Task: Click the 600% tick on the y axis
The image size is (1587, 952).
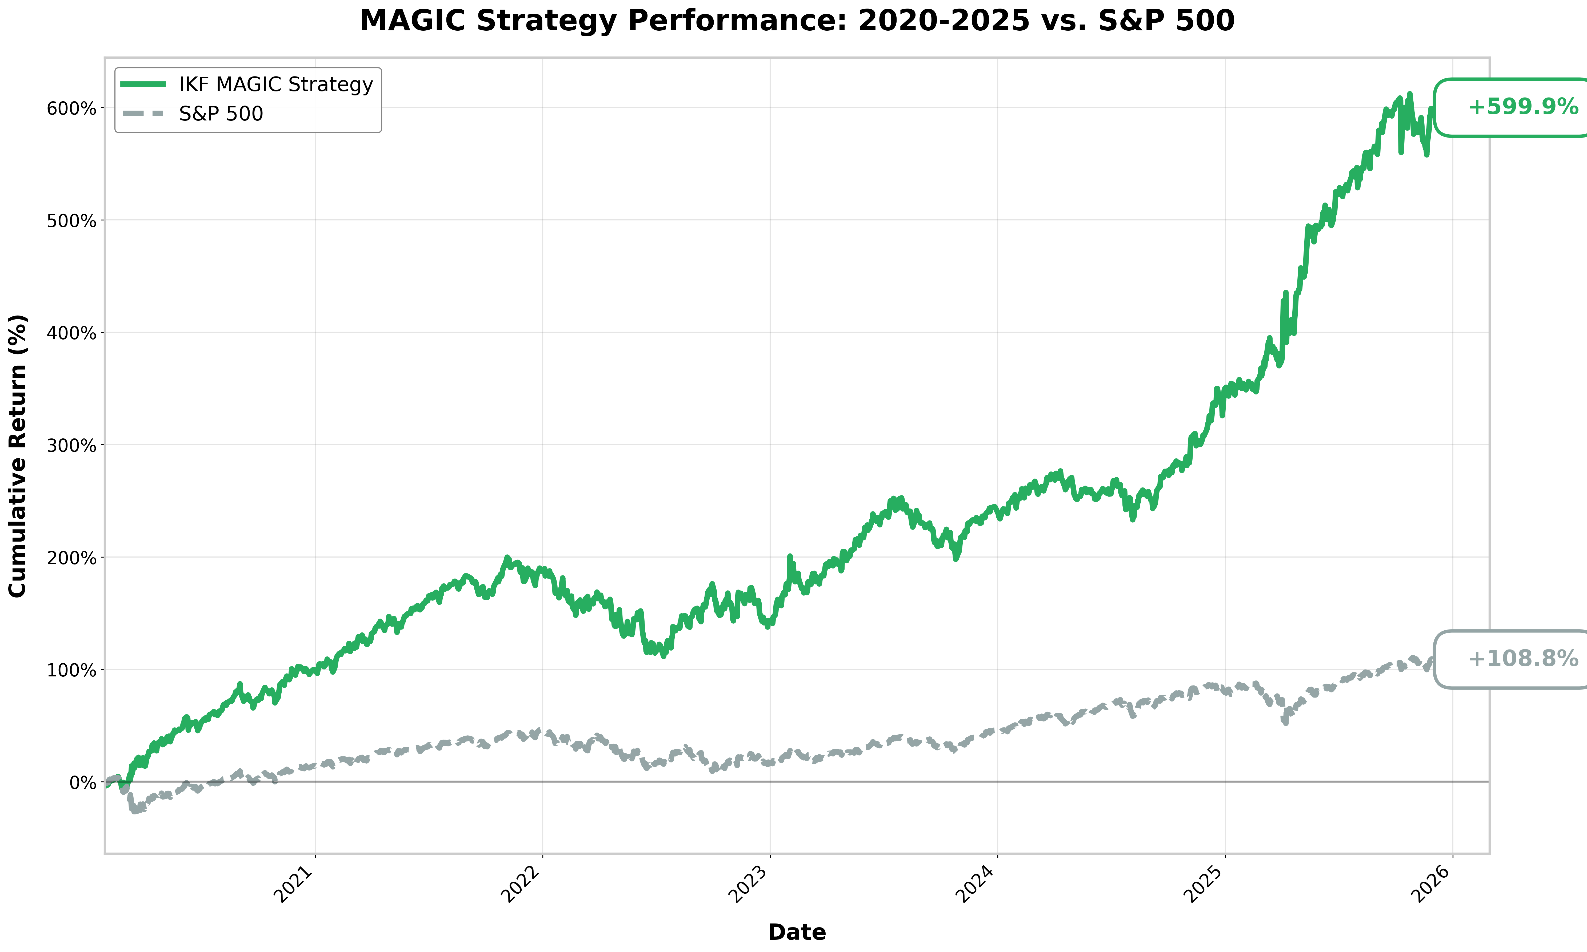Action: click(71, 108)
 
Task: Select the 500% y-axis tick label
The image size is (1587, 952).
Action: click(71, 221)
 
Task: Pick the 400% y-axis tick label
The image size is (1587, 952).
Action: click(71, 333)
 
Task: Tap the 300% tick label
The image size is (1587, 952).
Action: click(71, 445)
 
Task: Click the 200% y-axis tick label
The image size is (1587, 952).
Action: click(71, 558)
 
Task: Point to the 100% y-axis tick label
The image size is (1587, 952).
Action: click(71, 670)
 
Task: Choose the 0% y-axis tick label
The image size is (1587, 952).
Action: click(80, 783)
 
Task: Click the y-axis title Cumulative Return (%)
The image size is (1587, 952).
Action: click(18, 455)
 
